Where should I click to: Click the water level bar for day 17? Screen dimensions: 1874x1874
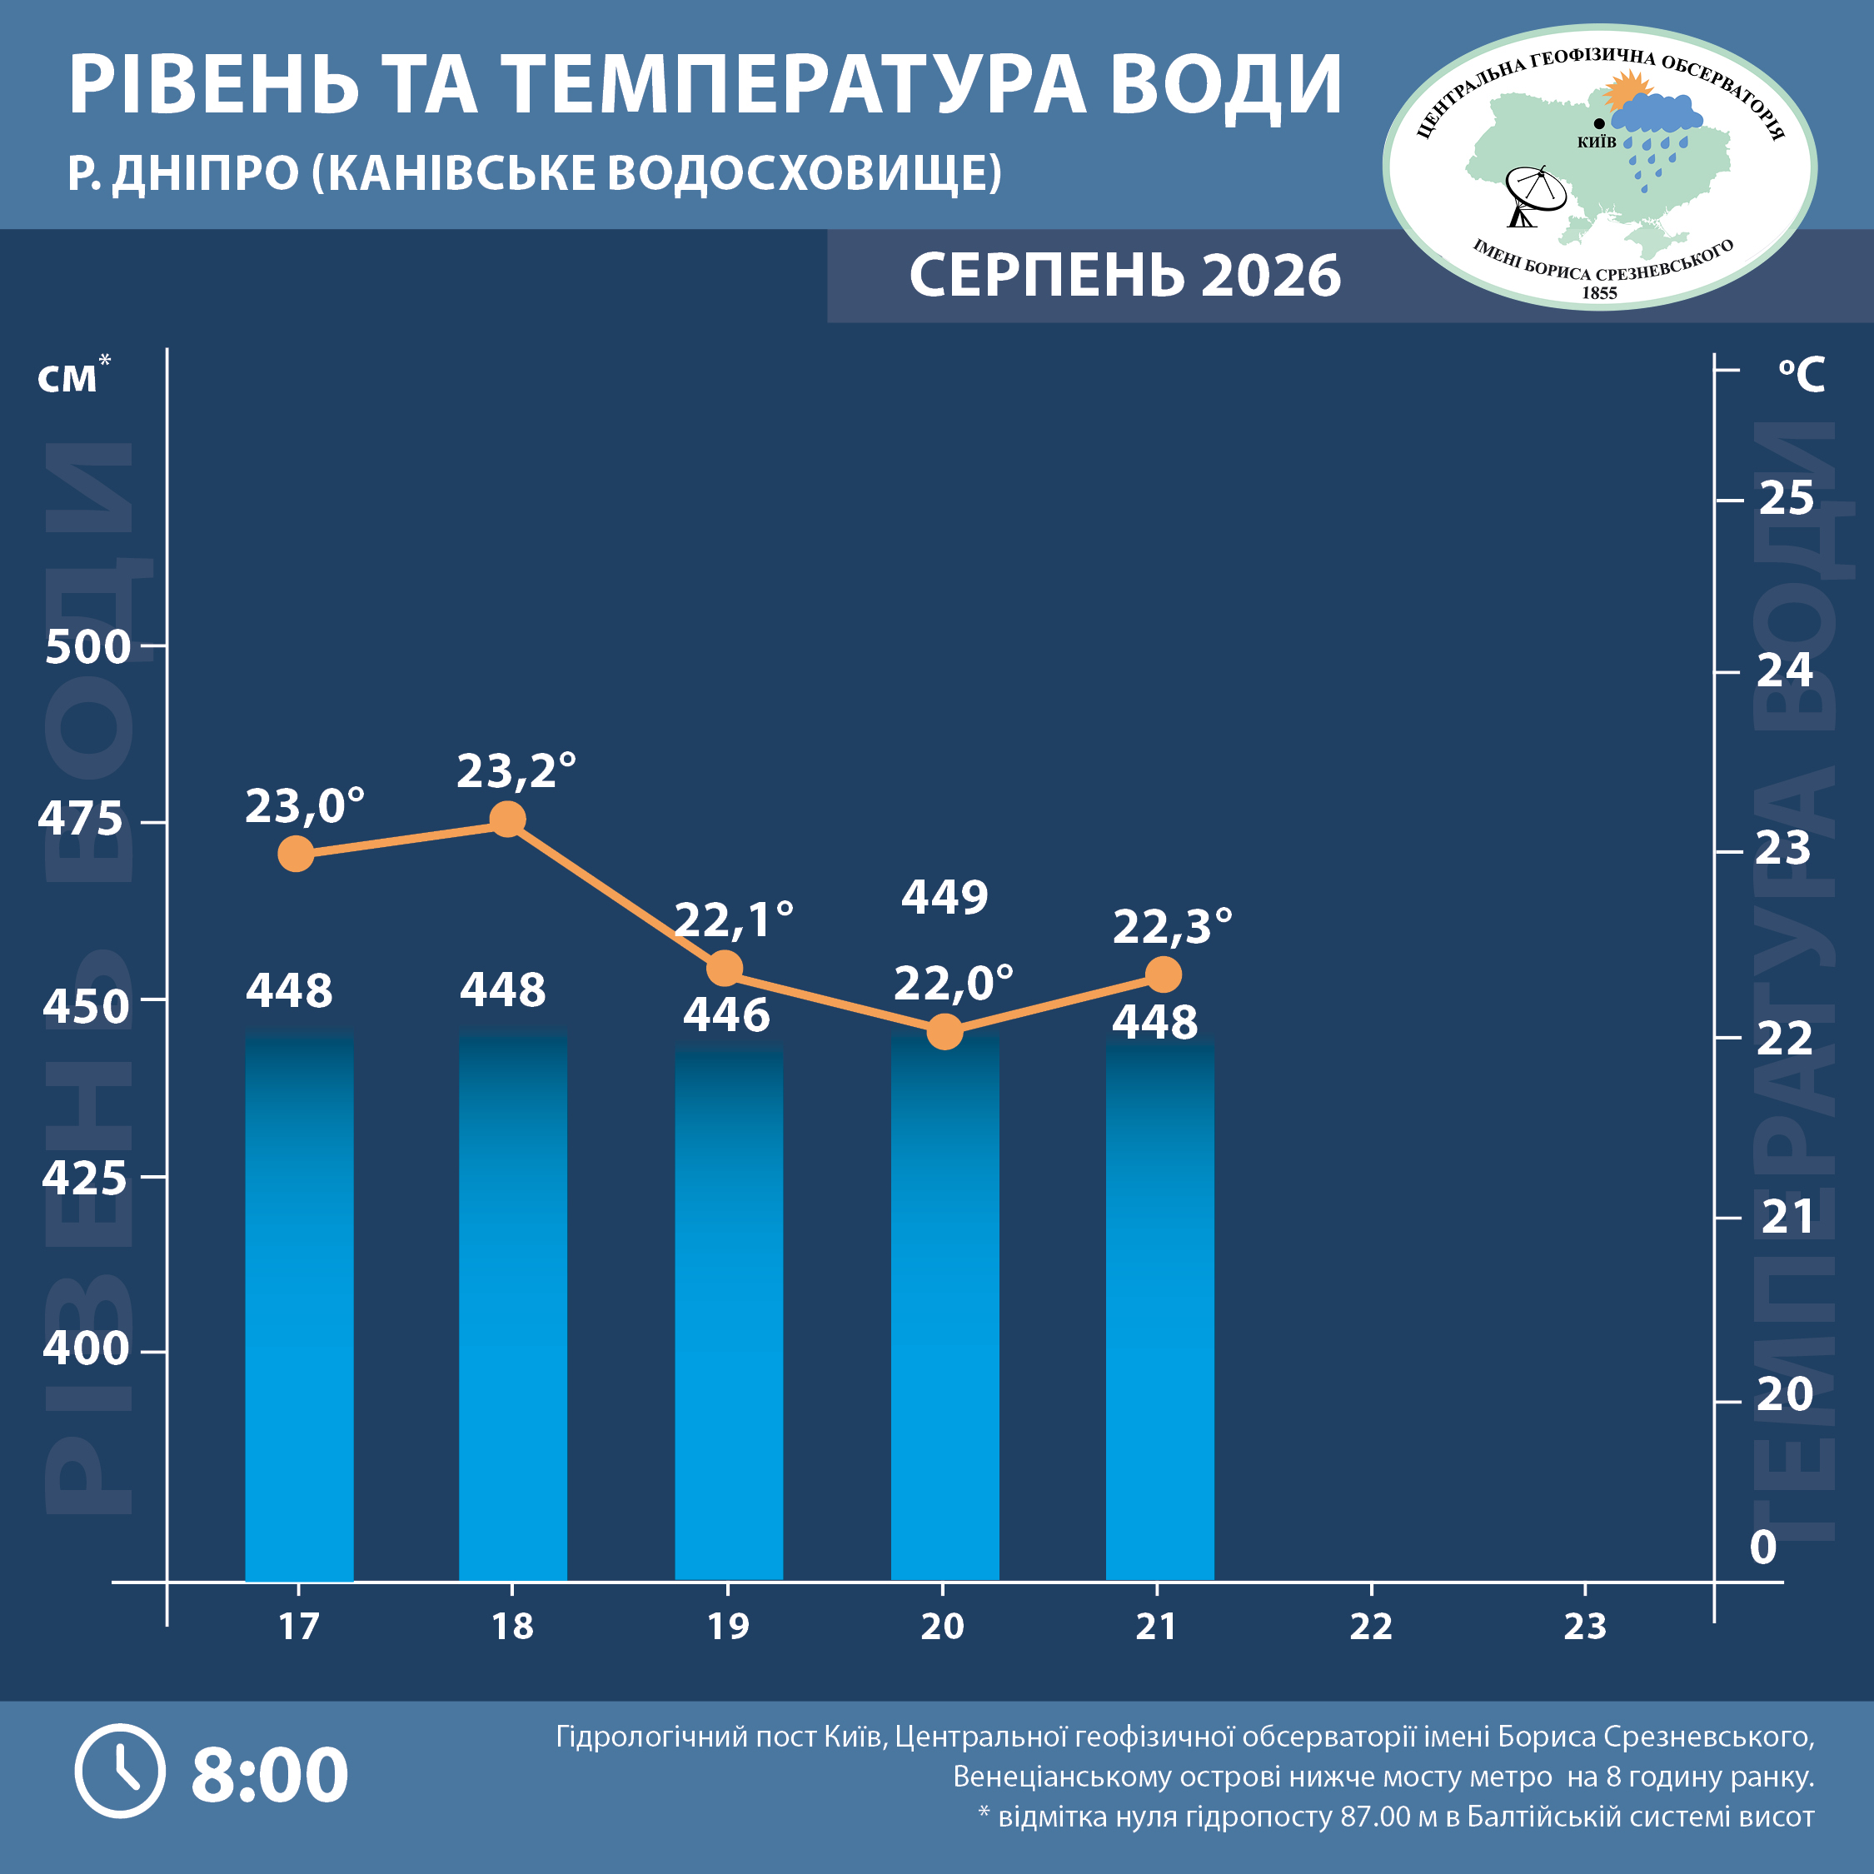coord(299,1307)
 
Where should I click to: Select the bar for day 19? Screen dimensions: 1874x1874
coord(729,1313)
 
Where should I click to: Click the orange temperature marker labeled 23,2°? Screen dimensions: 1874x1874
coord(507,820)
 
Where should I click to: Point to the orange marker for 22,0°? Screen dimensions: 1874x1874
coord(944,1031)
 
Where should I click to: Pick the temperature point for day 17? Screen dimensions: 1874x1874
coord(296,854)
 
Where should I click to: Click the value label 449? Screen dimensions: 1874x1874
coord(944,897)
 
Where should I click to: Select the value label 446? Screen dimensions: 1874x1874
coord(726,1015)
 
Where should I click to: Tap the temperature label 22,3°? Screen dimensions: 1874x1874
coord(1172,926)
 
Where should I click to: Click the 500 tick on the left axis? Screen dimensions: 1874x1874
coord(87,647)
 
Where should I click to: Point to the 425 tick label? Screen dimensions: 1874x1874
coord(84,1178)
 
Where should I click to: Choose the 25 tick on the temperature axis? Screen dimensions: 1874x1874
coord(1786,499)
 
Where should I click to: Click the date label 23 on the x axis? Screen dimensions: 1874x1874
coord(1585,1627)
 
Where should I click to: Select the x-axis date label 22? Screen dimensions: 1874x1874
coord(1371,1627)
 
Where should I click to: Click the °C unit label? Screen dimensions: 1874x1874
coord(1802,375)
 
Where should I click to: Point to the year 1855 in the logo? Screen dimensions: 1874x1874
coord(1599,293)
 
